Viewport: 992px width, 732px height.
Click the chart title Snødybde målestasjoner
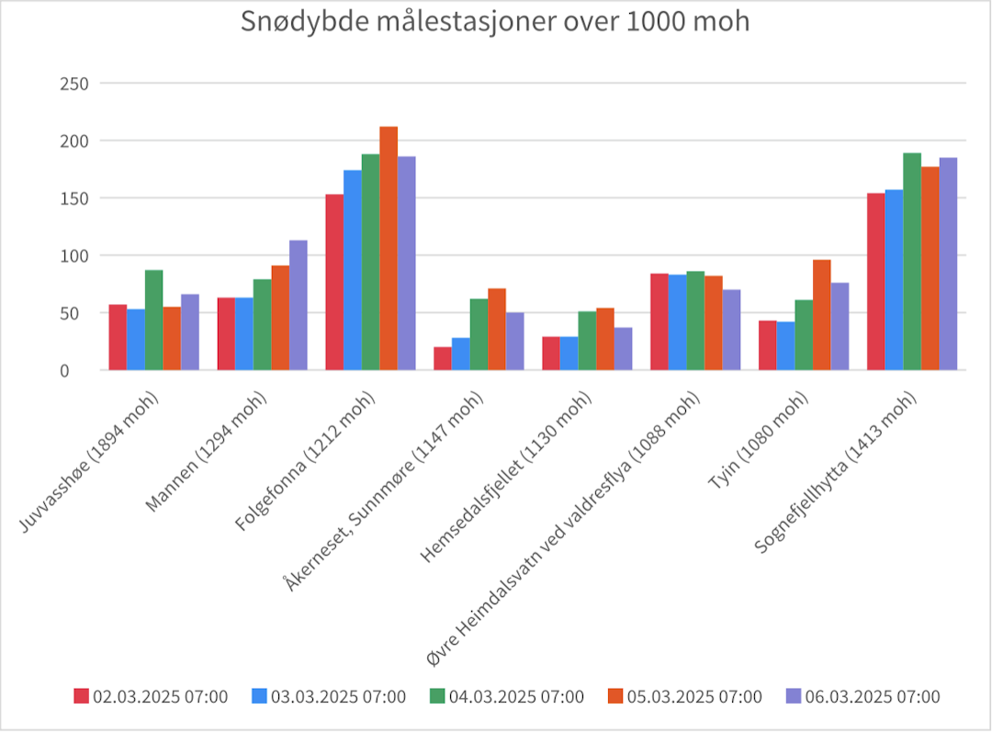(495, 22)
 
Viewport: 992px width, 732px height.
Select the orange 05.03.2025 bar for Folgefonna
(389, 248)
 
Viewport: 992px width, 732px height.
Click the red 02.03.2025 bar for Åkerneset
(443, 358)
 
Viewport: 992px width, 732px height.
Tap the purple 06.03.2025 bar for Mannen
(299, 305)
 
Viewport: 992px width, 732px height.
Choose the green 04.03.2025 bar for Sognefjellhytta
(912, 262)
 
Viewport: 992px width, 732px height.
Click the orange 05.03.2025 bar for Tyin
(822, 315)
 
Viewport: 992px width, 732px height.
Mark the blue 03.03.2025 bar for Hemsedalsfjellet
(569, 354)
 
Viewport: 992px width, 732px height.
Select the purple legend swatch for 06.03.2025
(794, 696)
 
